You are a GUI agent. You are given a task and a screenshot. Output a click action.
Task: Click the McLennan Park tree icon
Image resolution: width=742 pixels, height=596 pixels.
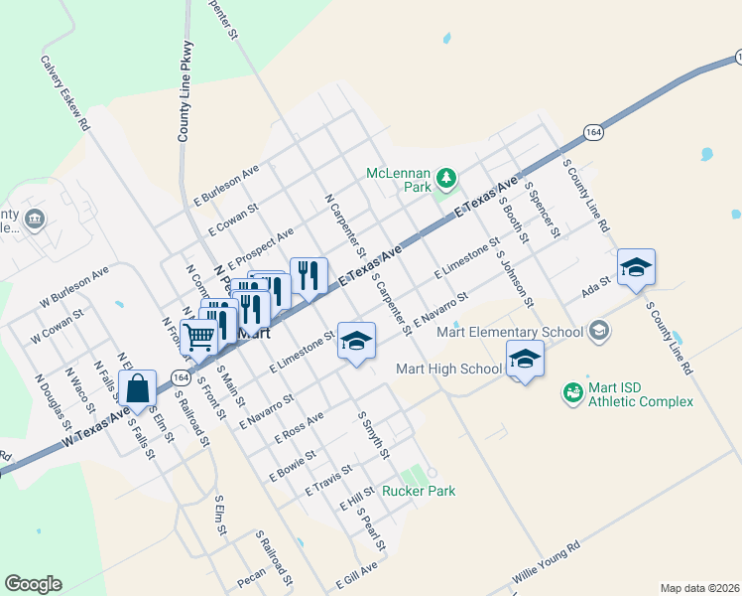(446, 178)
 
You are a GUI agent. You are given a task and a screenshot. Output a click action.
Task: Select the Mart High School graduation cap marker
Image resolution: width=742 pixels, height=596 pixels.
(525, 359)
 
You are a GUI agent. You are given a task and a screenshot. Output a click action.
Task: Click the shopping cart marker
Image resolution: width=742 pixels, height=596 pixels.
(199, 338)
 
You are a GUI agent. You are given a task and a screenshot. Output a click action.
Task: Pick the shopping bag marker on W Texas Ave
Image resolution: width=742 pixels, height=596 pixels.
(139, 387)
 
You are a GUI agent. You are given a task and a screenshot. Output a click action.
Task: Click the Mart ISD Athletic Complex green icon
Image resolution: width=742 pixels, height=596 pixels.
(572, 394)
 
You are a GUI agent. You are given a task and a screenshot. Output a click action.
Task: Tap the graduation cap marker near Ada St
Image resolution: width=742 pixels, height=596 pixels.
(636, 267)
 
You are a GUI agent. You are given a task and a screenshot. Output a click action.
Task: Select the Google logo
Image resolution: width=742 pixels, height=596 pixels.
(33, 584)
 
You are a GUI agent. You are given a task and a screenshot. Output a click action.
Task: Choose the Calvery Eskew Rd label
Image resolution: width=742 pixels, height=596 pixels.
(65, 92)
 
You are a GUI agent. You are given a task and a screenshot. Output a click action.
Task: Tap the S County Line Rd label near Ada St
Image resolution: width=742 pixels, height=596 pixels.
(669, 338)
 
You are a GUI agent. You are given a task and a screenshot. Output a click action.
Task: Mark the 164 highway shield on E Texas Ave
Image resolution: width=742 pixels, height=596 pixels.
(592, 132)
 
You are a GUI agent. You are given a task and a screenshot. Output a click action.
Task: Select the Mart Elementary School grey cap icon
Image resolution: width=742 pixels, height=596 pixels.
(598, 329)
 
